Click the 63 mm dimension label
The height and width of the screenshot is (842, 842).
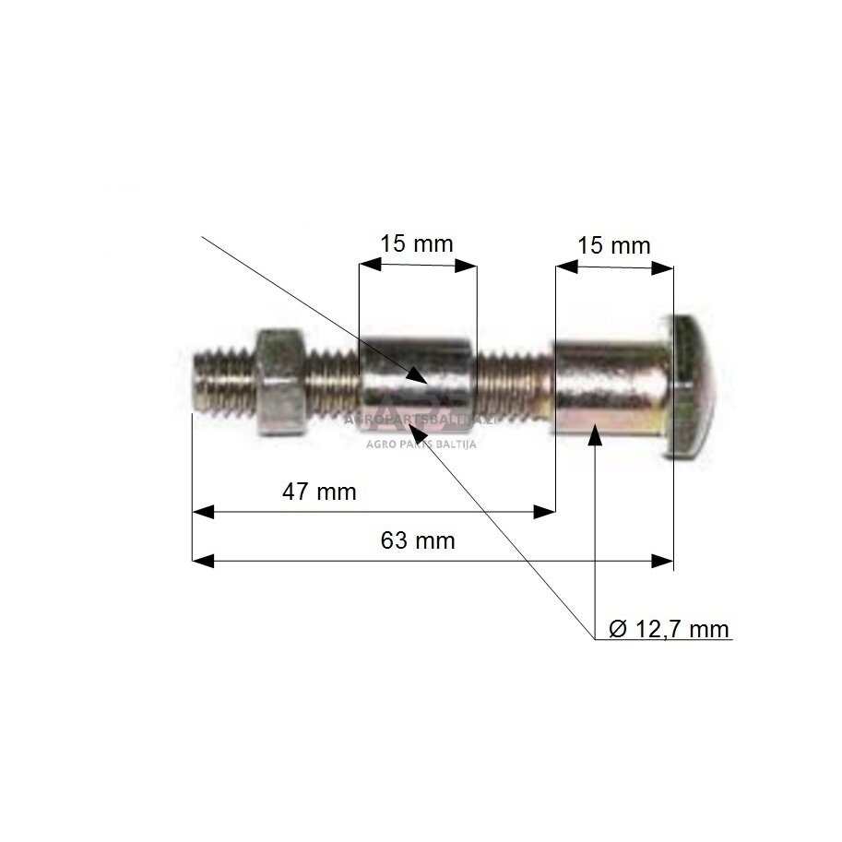(417, 540)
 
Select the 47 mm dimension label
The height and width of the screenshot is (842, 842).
(318, 492)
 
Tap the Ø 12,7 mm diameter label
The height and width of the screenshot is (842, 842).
(670, 630)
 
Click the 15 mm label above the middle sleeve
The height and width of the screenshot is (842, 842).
(417, 244)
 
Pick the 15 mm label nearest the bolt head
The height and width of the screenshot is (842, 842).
(613, 246)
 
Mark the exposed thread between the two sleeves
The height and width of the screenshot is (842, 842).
(514, 381)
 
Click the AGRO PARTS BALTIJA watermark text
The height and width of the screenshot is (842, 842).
(421, 442)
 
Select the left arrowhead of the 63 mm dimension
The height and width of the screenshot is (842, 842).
(202, 561)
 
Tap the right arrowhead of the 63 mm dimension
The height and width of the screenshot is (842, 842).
(662, 561)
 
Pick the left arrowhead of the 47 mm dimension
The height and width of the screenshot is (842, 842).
(202, 511)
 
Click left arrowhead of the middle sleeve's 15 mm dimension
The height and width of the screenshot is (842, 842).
(369, 266)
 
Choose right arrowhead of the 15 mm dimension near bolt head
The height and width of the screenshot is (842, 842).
(662, 267)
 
